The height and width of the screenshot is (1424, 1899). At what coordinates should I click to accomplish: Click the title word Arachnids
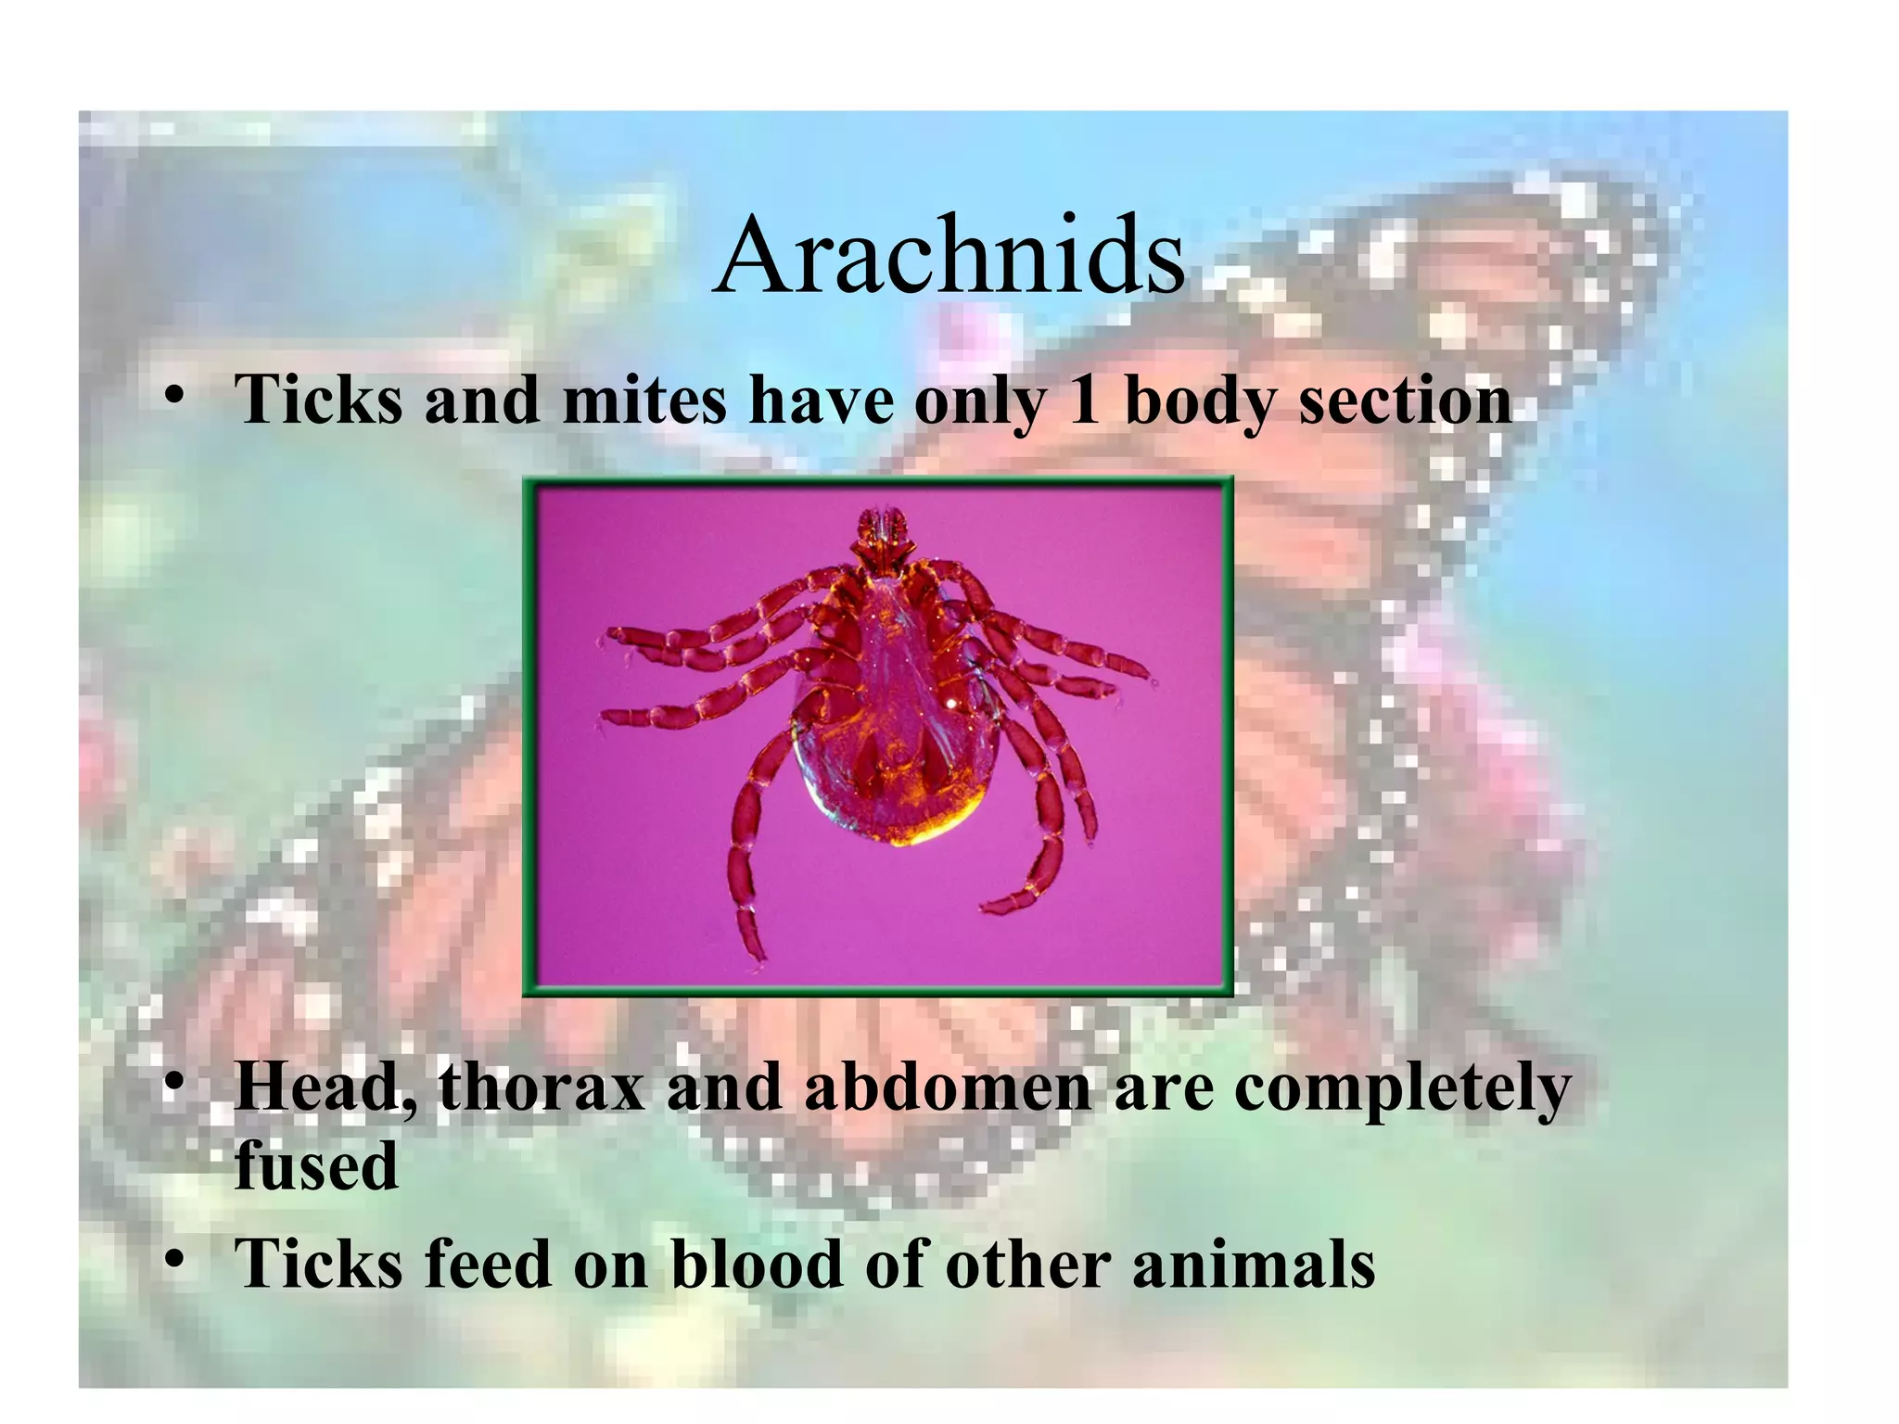[949, 255]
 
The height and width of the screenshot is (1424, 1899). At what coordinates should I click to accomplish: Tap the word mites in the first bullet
[644, 401]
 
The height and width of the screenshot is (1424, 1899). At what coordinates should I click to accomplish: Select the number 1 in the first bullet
[1084, 401]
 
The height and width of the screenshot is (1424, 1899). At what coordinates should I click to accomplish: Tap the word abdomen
[948, 1087]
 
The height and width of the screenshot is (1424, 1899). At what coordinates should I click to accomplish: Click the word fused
[316, 1165]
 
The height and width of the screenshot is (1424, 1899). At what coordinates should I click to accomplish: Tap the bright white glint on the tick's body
[951, 704]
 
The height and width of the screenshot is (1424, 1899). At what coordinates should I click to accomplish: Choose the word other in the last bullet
[1027, 1264]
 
